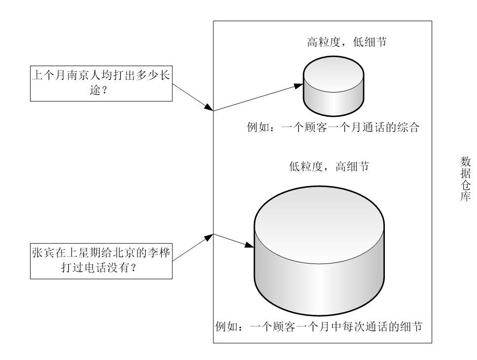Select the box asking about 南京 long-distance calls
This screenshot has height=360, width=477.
(x=102, y=84)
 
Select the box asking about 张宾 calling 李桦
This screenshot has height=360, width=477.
(x=102, y=262)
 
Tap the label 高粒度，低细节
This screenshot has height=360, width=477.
(x=346, y=43)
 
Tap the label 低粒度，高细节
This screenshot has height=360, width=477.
(x=328, y=167)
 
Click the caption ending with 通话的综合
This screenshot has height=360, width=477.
(x=333, y=129)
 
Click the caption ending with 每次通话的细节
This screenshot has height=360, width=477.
(x=319, y=327)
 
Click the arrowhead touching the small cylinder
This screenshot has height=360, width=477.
(x=298, y=86)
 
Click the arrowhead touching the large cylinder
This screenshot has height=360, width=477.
(x=250, y=245)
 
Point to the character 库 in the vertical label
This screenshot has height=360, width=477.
(x=465, y=195)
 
